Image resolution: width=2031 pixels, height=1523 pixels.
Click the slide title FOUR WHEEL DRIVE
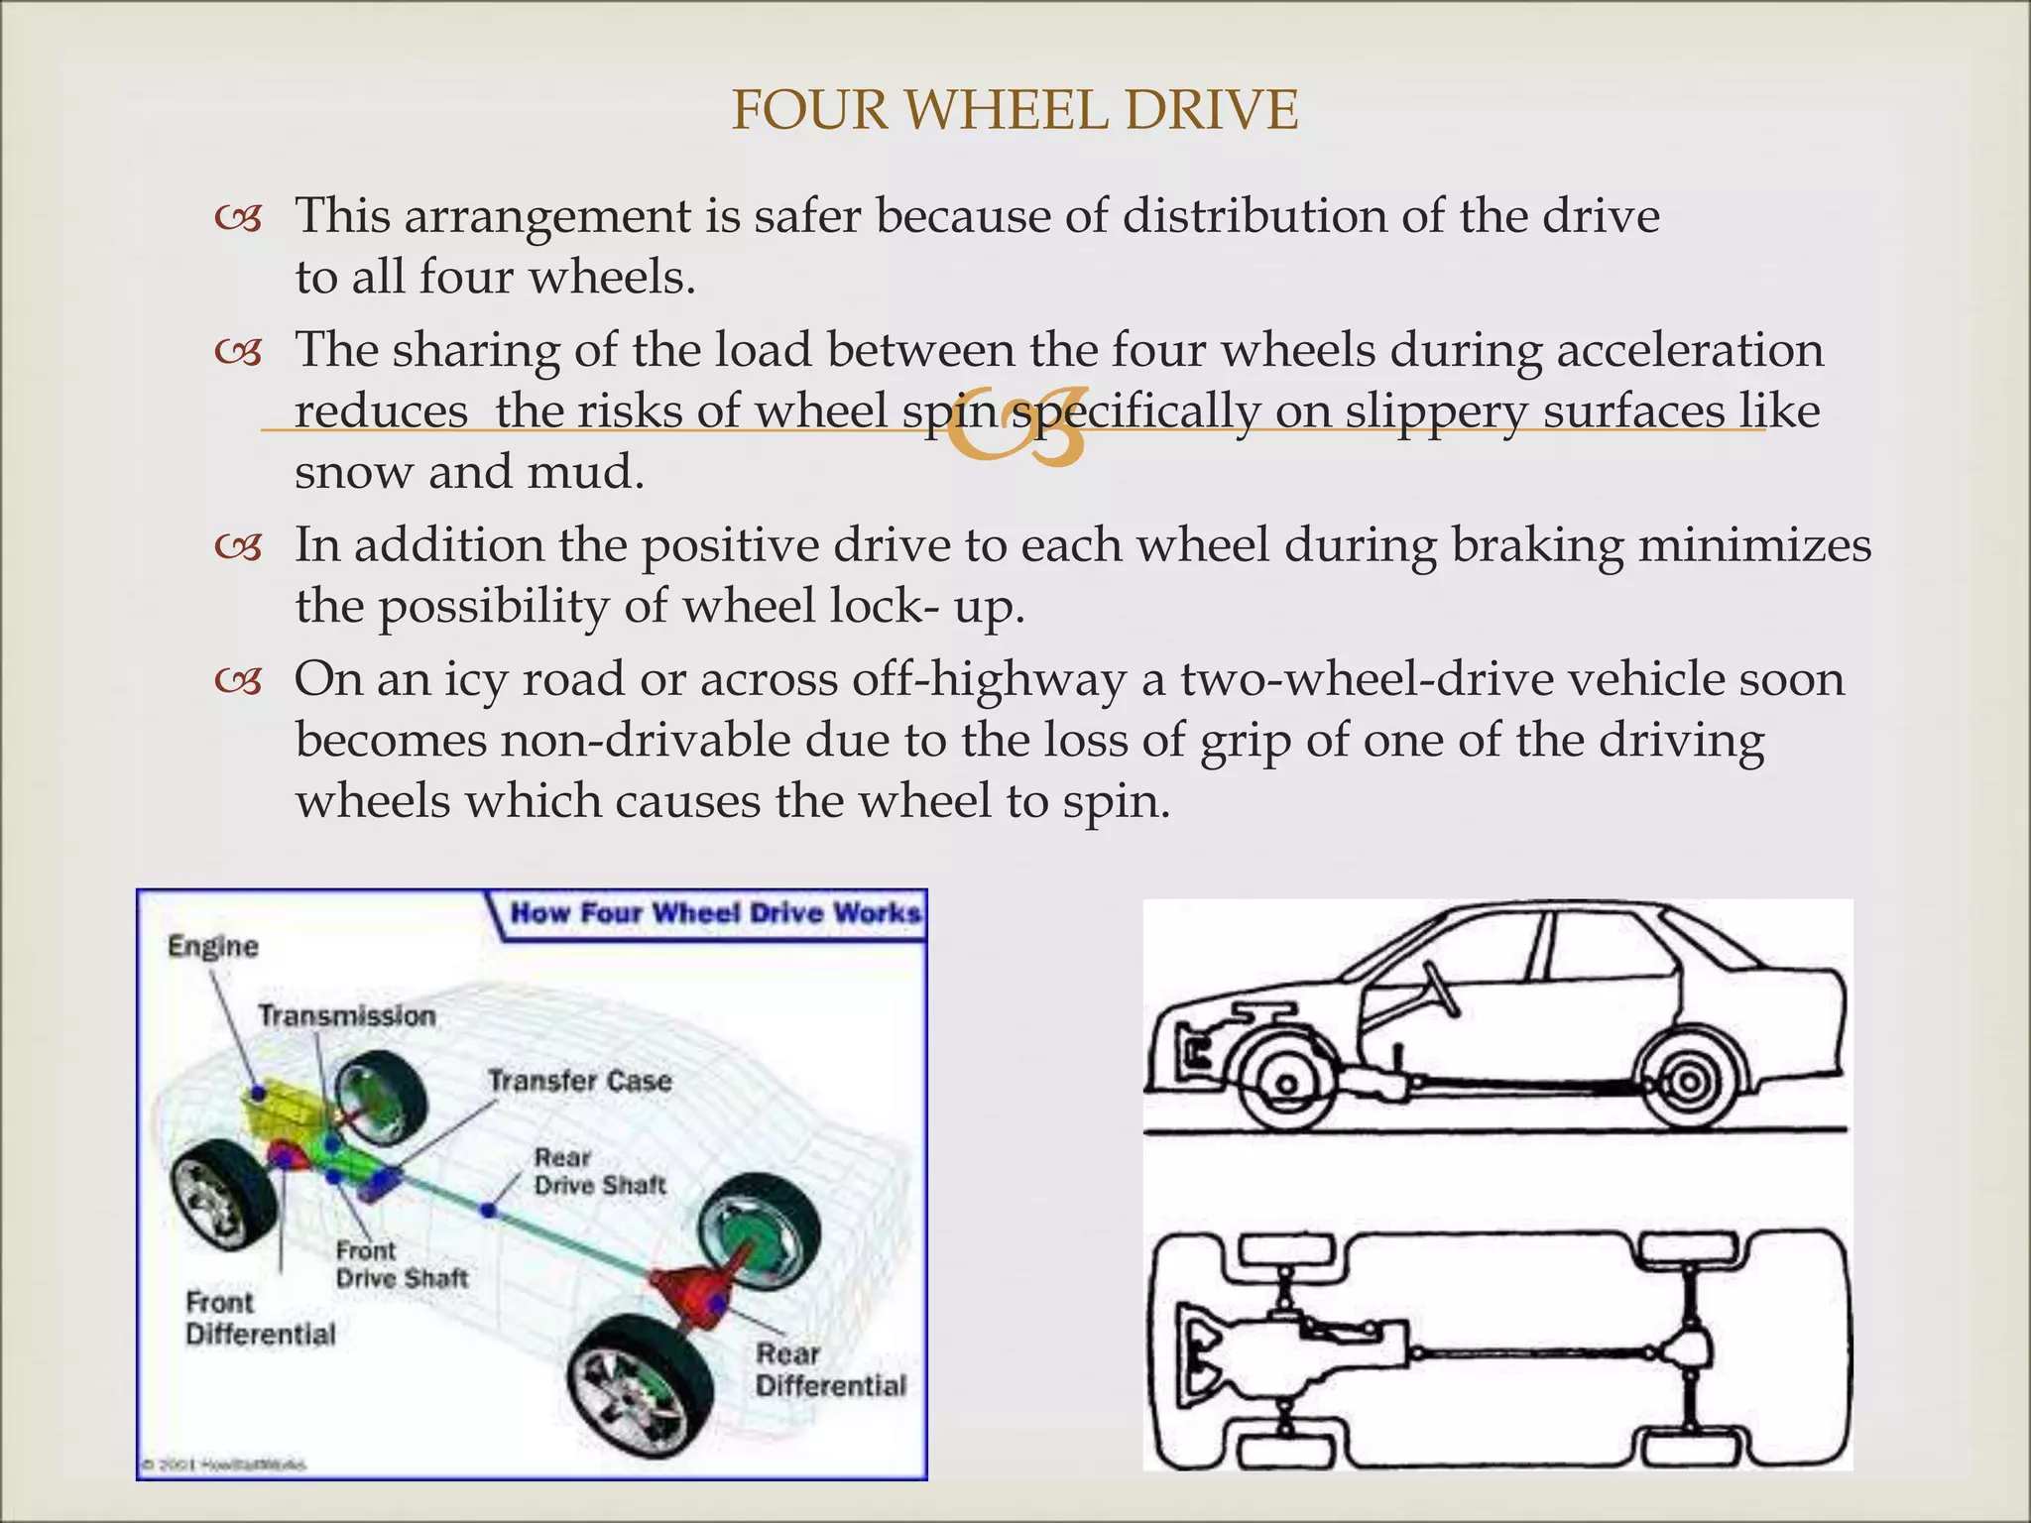point(1015,110)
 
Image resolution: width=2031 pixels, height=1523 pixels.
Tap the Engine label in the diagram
point(212,947)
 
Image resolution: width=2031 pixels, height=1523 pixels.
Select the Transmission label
point(347,1016)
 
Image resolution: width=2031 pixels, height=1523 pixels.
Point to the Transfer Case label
point(579,1081)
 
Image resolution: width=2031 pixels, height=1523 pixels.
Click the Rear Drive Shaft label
point(599,1171)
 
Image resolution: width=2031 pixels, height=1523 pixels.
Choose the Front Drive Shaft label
point(401,1265)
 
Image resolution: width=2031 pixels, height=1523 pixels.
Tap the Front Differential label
point(260,1319)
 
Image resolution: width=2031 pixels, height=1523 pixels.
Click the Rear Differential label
point(830,1369)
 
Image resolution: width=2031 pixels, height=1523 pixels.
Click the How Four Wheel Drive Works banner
point(714,912)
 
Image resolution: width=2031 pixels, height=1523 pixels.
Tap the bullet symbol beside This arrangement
point(239,217)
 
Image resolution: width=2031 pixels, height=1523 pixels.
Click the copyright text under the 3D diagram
point(223,1464)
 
